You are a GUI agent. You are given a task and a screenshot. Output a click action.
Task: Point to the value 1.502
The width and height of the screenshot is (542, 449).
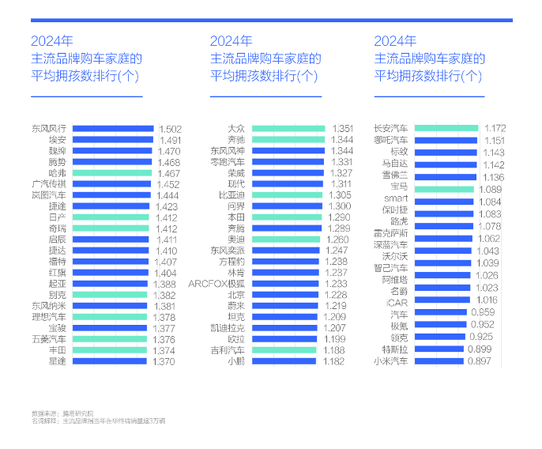[x=171, y=129]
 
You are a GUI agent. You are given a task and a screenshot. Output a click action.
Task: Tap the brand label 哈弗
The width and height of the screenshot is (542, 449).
[x=57, y=172]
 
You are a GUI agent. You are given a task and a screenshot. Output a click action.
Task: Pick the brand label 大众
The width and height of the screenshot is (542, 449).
[x=236, y=128]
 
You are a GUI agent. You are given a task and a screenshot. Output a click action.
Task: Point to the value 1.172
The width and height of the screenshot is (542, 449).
[x=495, y=128]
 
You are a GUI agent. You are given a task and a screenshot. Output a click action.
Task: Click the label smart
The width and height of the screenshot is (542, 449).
[x=396, y=201]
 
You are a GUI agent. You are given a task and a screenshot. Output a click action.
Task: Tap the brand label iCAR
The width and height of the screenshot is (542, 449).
[x=397, y=300]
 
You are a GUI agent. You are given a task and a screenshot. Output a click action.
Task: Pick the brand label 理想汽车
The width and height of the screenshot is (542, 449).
[x=49, y=316]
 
